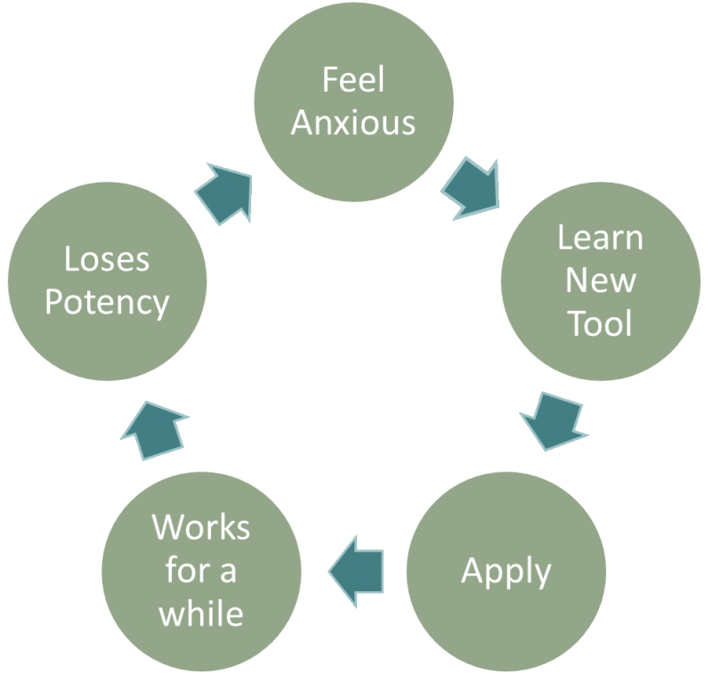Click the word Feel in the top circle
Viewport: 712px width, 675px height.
[x=353, y=80]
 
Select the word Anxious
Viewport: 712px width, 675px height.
[x=353, y=122]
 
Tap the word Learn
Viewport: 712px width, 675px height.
[x=599, y=239]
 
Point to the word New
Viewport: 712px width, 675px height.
[x=601, y=281]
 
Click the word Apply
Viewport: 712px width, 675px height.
[x=506, y=570]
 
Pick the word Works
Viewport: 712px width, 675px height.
[x=200, y=527]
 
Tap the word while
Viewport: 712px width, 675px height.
[x=200, y=613]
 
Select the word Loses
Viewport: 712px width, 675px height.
[x=107, y=260]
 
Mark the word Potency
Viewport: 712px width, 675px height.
[x=107, y=303]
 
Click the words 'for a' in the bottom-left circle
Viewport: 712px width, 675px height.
[x=200, y=570]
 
